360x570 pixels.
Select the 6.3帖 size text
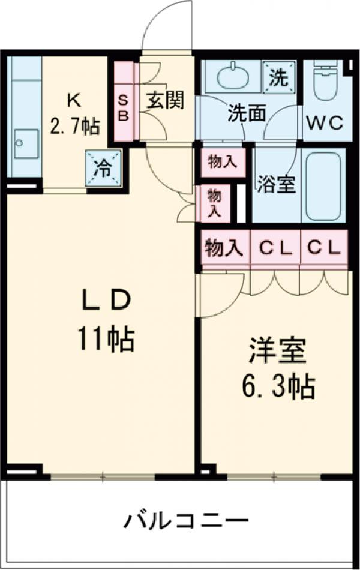tap(277, 388)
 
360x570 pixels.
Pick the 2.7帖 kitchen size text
tap(74, 125)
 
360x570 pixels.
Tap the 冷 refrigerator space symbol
tap(103, 167)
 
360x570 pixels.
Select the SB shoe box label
tap(122, 107)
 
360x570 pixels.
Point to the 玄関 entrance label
tap(166, 100)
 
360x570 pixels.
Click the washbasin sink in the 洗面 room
tap(234, 77)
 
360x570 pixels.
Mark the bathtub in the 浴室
tap(324, 185)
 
